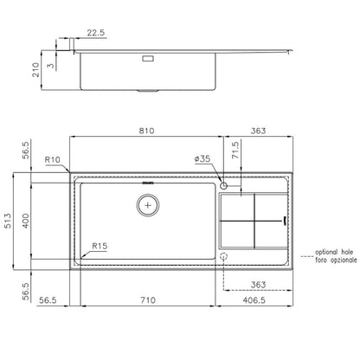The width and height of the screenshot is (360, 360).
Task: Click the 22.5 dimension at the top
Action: [x=96, y=33]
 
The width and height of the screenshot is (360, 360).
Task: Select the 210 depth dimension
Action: [x=35, y=70]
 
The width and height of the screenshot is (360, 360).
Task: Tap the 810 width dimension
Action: [x=146, y=131]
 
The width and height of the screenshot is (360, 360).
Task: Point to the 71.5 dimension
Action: [x=235, y=150]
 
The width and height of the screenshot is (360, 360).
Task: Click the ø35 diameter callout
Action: [x=202, y=158]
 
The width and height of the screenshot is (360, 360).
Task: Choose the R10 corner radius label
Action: [x=53, y=159]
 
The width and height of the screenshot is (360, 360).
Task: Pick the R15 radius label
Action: [x=100, y=246]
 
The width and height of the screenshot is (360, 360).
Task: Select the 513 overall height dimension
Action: [x=8, y=221]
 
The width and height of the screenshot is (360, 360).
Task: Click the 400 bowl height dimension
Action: [x=26, y=221]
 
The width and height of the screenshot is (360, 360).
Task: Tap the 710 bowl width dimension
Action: [x=148, y=300]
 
